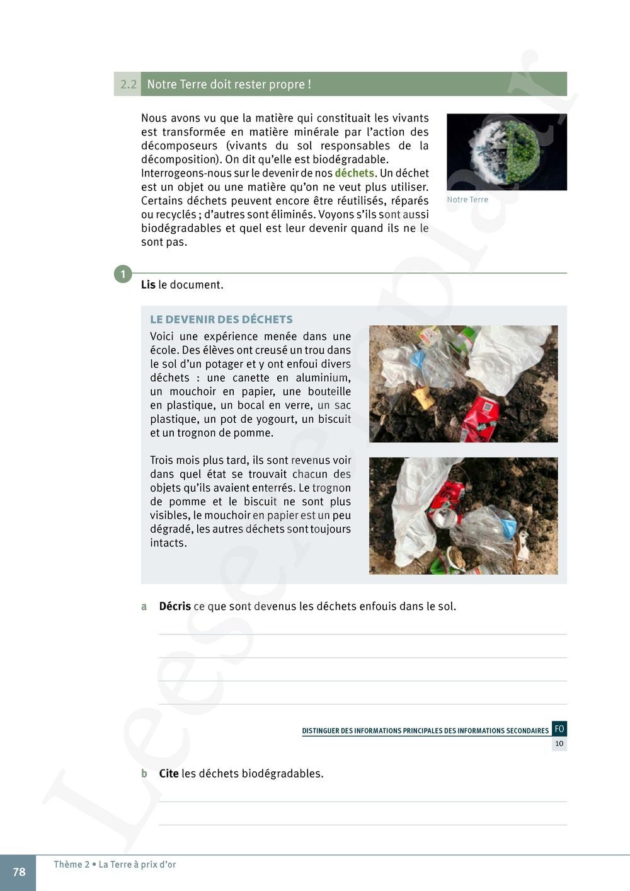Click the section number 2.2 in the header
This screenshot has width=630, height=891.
128,84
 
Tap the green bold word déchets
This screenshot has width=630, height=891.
354,173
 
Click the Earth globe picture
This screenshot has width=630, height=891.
507,152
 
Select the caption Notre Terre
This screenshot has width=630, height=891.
467,200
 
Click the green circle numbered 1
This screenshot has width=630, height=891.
123,274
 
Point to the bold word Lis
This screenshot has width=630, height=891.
148,285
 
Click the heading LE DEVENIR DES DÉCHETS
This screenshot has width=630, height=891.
221,319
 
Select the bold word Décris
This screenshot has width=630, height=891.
175,606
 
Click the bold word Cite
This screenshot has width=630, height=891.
169,773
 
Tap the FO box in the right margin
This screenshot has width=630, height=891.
559,729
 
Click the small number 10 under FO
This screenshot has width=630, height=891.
559,744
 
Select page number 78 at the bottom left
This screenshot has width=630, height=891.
19,872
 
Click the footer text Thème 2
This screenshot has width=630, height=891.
72,865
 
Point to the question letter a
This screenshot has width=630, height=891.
144,606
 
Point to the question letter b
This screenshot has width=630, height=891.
144,774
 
